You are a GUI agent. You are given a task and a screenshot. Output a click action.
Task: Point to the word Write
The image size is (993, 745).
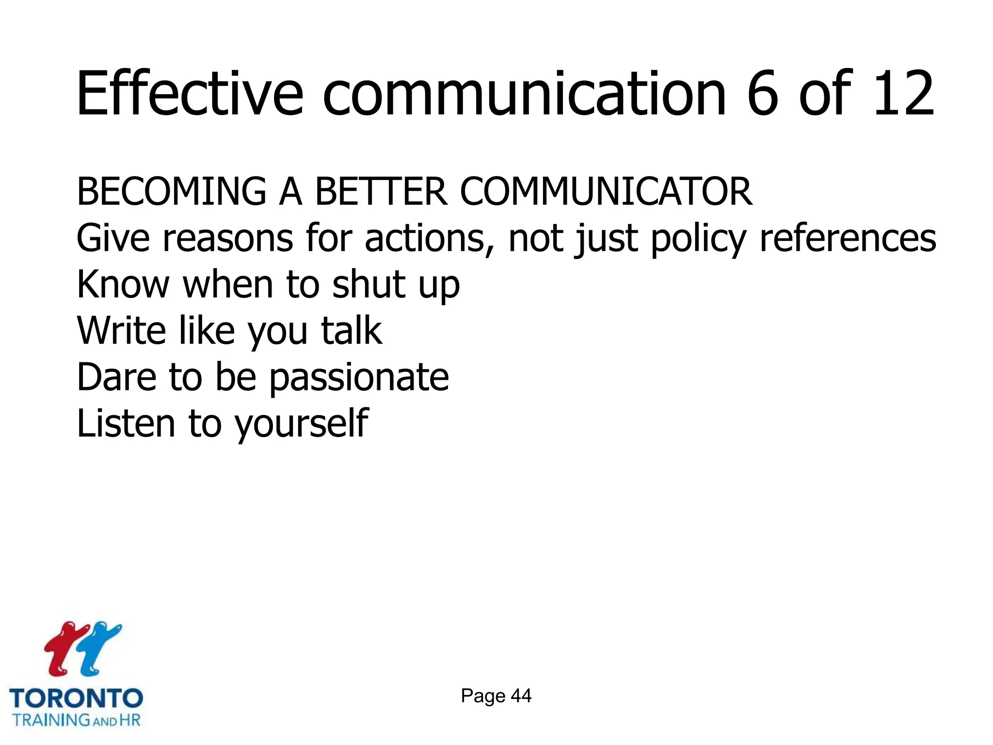(121, 331)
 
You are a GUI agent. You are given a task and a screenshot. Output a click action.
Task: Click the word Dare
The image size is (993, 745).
(116, 377)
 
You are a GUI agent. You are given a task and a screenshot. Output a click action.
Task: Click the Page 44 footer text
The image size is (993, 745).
(496, 696)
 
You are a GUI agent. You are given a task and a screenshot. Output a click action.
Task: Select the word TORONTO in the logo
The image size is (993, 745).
(76, 698)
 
